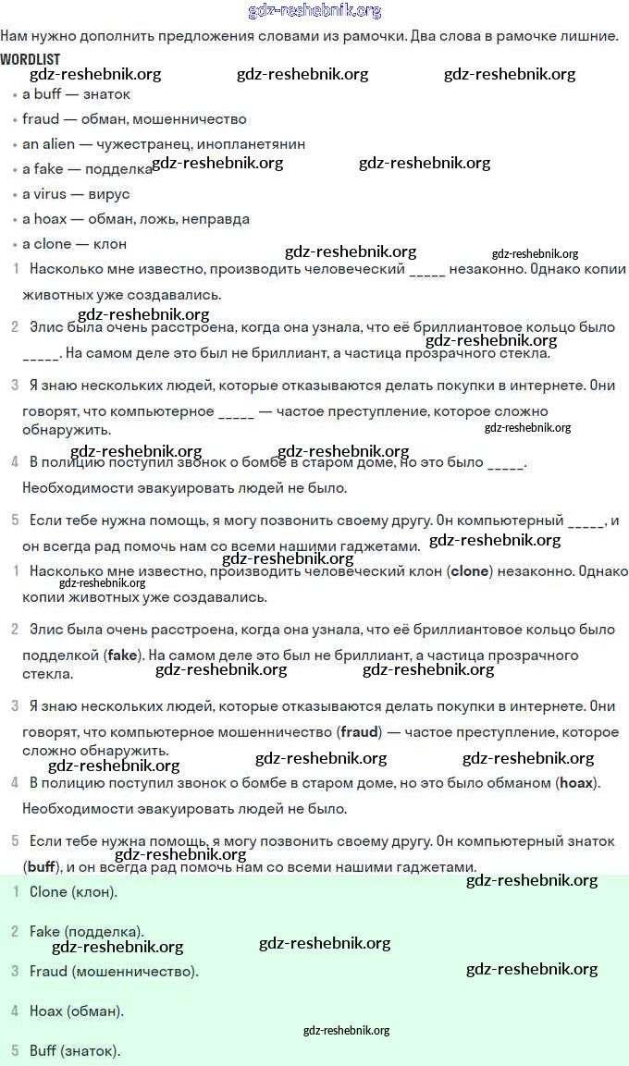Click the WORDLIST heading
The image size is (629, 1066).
24,58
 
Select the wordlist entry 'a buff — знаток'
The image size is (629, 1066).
76,94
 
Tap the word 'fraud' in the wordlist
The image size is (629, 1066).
41,119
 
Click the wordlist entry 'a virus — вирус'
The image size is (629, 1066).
76,194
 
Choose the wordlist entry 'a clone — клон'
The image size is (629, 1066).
74,244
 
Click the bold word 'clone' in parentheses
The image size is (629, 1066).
469,571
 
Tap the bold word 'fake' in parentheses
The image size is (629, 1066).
122,656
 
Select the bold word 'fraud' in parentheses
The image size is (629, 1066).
360,732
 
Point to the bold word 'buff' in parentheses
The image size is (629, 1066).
42,867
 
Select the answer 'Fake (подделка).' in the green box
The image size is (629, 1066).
86,932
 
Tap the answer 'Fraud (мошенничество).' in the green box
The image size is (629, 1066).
114,972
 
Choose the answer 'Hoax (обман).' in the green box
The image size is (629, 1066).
77,1011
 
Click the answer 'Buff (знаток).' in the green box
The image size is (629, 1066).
75,1051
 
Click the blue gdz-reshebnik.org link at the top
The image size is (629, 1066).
314,11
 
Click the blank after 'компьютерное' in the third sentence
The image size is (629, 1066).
236,411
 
